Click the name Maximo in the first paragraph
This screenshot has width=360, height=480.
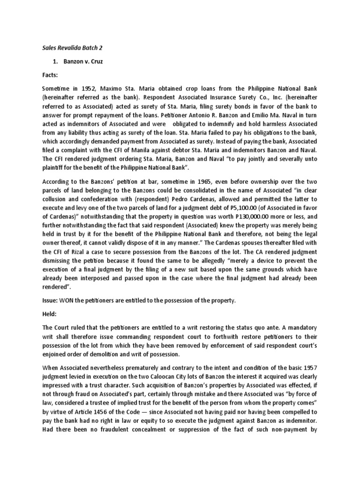[115, 88]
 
